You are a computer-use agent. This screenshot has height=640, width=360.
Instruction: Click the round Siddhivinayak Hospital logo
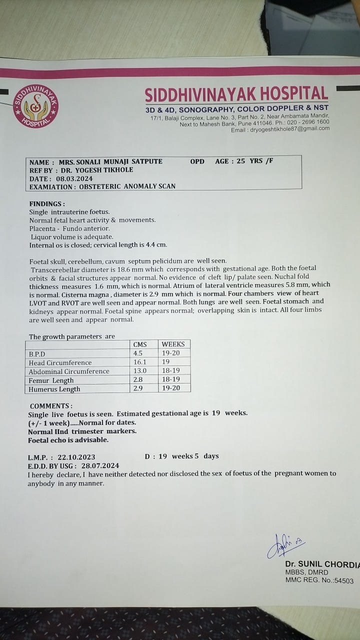35,106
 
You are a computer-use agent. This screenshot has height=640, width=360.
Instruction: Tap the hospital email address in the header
287,128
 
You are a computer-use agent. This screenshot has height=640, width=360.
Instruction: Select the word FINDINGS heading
47,204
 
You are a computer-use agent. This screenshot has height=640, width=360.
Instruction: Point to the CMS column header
140,344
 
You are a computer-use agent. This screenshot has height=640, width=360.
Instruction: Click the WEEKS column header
173,344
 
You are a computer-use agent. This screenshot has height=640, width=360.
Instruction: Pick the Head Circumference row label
60,362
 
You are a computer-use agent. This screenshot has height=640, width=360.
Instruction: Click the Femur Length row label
51,380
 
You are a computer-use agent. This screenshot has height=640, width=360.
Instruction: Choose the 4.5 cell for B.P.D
138,353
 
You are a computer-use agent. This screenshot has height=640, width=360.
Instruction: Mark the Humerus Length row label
54,389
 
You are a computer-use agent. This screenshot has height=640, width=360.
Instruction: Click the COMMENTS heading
51,406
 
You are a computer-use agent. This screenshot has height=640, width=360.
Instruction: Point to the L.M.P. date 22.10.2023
76,457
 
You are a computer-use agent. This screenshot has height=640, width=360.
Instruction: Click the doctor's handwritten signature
285,544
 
